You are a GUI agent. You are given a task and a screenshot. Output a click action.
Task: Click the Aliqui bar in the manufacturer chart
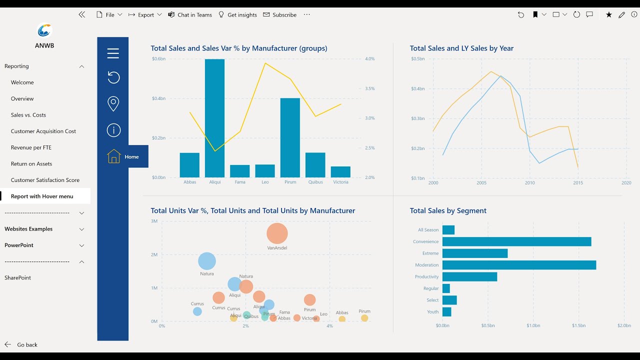214,118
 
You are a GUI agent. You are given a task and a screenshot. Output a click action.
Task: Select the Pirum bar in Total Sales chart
290,137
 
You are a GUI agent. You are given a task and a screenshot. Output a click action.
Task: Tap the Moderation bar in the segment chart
519,265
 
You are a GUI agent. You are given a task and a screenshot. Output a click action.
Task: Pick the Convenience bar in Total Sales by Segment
516,241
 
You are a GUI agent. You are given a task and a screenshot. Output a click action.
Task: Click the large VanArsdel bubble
277,233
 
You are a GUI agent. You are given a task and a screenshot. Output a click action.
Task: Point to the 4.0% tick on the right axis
369,59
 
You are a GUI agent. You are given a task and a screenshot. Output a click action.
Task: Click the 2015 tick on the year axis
578,183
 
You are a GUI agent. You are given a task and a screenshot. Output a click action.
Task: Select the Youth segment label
432,312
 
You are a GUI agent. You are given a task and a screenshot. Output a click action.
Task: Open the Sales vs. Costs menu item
28,115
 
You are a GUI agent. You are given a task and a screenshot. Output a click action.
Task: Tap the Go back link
27,345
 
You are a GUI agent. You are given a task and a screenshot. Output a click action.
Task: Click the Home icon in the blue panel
114,156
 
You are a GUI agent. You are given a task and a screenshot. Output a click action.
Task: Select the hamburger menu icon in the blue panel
113,53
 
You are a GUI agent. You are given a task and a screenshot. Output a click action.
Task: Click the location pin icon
113,104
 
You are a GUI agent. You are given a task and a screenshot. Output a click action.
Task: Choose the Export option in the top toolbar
145,15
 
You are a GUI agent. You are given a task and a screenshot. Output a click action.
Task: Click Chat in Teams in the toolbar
190,15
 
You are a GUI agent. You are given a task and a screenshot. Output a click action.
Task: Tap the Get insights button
238,15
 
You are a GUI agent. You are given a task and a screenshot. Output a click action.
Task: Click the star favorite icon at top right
608,15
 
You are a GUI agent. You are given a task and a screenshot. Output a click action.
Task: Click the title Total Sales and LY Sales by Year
461,48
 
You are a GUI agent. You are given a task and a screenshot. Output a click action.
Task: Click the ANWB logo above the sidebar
44,31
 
